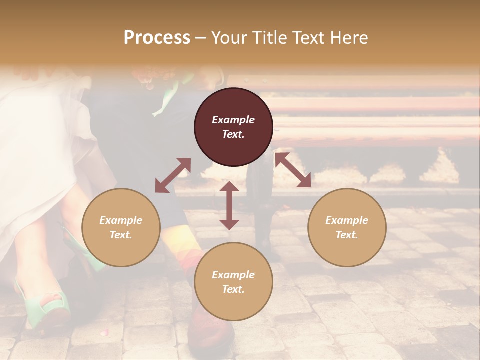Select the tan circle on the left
[x=121, y=227]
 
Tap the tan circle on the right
[x=347, y=227]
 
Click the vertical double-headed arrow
[x=229, y=205]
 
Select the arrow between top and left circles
[x=173, y=175]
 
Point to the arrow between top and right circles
[x=293, y=170]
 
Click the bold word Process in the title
[x=157, y=37]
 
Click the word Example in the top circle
[x=233, y=120]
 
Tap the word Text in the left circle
[x=121, y=235]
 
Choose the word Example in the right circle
[x=347, y=220]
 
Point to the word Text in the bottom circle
[x=233, y=289]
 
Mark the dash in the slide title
[x=201, y=38]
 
